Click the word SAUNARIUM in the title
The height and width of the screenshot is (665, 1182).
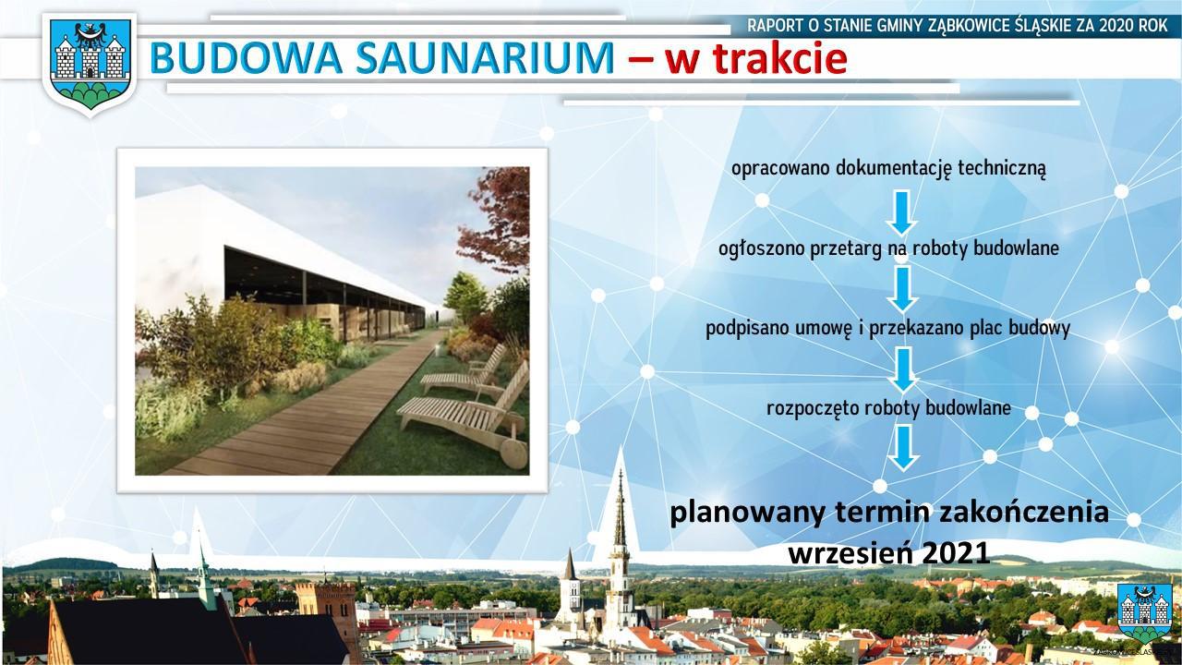pos(485,57)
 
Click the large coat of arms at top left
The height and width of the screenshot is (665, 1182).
pos(90,64)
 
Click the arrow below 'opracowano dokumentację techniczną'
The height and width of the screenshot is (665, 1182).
pos(901,212)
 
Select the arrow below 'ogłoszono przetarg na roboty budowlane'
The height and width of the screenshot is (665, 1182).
pos(902,289)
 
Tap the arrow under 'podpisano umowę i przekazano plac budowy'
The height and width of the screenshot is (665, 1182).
pos(903,370)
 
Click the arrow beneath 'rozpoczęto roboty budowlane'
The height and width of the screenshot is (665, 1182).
pos(903,448)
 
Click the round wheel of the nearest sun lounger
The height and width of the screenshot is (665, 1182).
pos(513,453)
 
